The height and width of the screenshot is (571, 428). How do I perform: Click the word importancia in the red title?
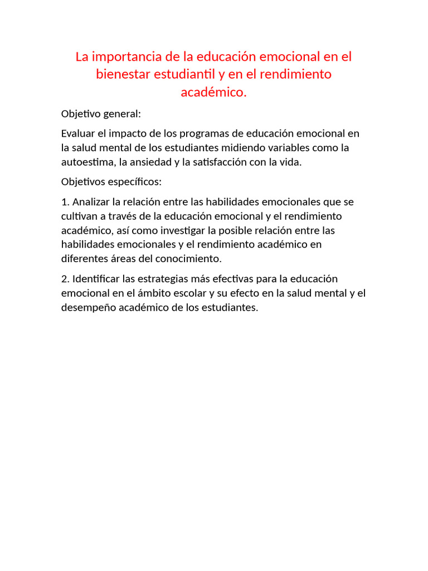124,57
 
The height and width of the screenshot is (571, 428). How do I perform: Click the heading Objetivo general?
101,114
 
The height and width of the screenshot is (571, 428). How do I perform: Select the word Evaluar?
79,134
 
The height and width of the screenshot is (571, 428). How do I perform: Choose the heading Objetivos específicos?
111,182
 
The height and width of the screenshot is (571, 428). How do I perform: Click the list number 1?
64,201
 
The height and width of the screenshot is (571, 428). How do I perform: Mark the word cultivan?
79,216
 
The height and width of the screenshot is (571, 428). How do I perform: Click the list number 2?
64,279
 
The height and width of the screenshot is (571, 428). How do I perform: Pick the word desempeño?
86,308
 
